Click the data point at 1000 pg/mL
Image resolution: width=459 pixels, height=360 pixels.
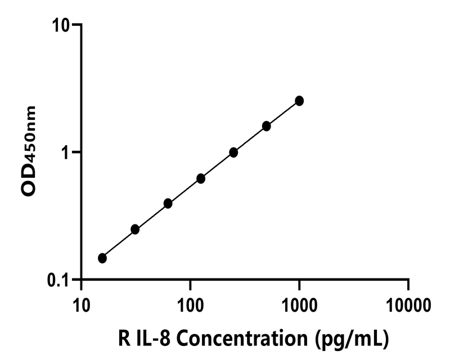[299, 101]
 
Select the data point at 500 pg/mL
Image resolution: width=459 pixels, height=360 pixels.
[266, 126]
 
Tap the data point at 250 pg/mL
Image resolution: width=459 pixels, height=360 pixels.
[233, 152]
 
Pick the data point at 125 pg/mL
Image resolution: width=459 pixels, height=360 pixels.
[201, 178]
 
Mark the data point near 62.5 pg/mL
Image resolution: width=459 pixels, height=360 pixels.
[168, 203]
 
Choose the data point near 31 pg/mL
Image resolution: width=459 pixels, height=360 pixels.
[135, 229]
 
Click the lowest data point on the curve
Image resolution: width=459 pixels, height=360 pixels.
[102, 258]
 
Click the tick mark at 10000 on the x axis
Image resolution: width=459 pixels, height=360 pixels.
[408, 283]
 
